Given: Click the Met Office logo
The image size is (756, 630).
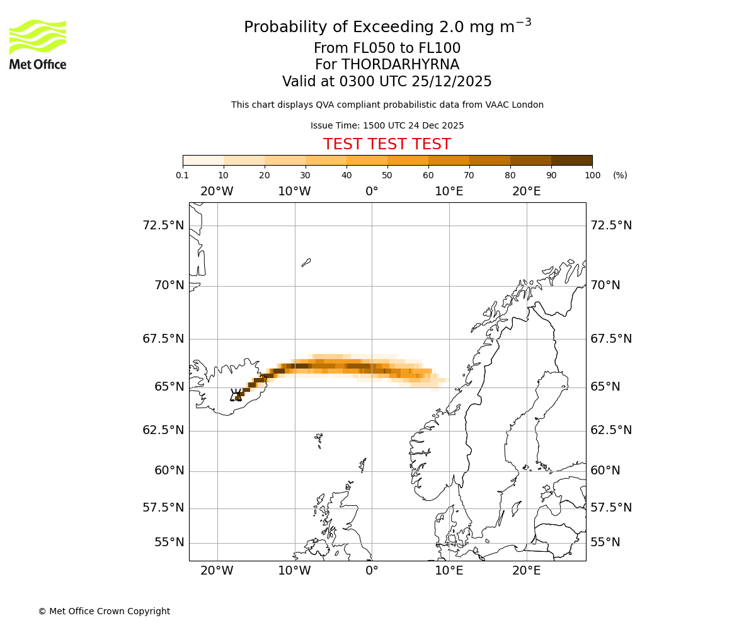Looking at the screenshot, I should point(38,44).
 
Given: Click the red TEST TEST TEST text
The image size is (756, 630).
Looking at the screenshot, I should point(387,144).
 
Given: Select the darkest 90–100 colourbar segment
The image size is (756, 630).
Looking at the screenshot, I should point(571,160).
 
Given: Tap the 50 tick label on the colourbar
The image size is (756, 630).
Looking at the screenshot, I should point(387,175).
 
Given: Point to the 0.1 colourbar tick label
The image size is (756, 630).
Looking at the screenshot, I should point(183,175).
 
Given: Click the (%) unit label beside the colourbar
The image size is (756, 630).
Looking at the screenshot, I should point(620,175).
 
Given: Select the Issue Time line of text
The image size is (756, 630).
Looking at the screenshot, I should point(387,125).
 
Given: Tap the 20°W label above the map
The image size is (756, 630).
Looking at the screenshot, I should point(217,192).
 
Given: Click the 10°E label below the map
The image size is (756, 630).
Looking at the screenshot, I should point(449,571).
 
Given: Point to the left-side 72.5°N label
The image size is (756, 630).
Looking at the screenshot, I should point(163,226).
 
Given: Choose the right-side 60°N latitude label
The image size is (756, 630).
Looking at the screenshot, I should point(605,471).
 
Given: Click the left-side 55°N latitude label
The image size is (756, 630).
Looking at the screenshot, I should point(169,542).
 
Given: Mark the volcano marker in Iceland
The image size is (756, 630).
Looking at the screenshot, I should point(236,396).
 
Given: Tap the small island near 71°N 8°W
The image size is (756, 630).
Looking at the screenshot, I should point(306,262).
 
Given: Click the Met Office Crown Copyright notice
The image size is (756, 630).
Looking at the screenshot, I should point(104,611).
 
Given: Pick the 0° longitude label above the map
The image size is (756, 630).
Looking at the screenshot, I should point(372,192).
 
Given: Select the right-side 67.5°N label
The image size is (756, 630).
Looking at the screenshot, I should point(610,339).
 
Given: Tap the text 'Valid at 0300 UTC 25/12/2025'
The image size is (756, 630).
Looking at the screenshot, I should point(387,82).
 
